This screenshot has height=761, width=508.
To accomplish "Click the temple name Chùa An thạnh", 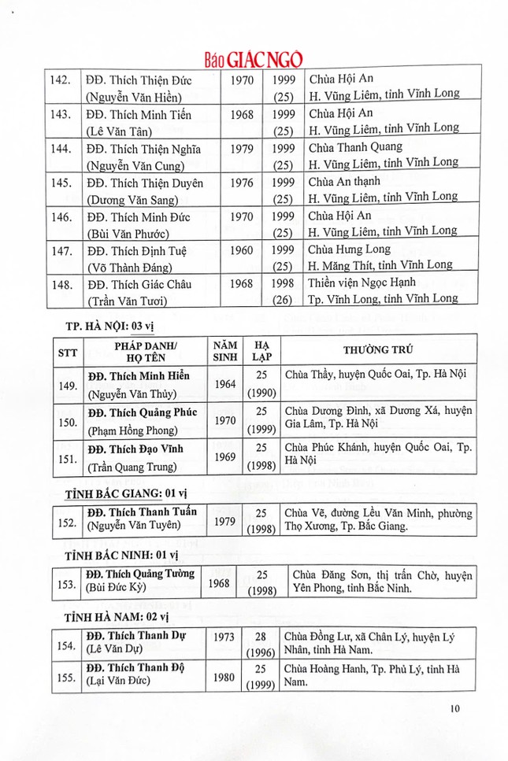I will point(339,181).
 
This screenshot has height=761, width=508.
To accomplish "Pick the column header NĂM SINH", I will point(225,352).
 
